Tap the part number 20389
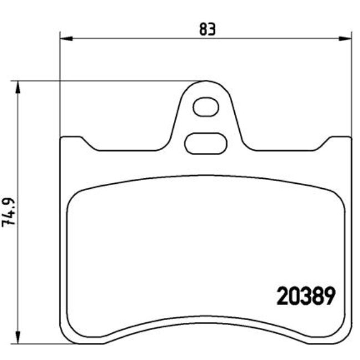click(x=306, y=298)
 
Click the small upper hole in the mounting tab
click(x=205, y=106)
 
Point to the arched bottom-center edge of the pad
click(x=205, y=316)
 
